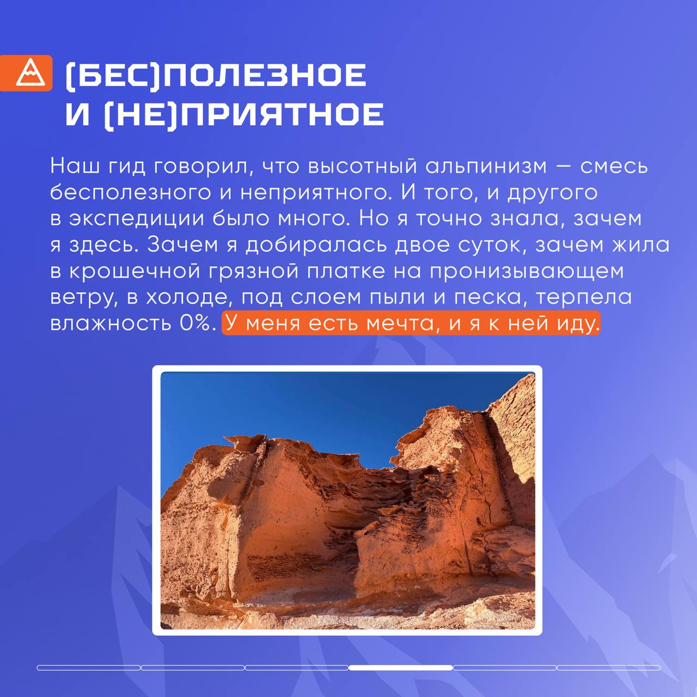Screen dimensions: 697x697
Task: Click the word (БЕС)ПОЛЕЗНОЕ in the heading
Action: [x=216, y=75]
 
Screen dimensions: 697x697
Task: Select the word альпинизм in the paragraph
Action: [x=486, y=167]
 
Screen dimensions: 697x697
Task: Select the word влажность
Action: [x=111, y=323]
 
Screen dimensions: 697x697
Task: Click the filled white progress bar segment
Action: [x=401, y=668]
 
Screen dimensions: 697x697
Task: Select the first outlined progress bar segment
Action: [x=89, y=668]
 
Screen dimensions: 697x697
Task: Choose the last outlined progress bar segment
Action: [x=609, y=668]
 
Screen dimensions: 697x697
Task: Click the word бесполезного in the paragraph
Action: [x=131, y=193]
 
